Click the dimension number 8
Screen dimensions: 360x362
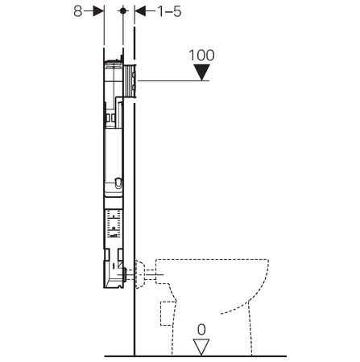pyautogui.click(x=78, y=11)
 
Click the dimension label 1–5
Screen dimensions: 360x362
pyautogui.click(x=169, y=11)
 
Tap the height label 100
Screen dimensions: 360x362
pyautogui.click(x=201, y=56)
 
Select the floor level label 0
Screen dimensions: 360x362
pyautogui.click(x=201, y=330)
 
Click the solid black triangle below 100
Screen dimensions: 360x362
pyautogui.click(x=201, y=72)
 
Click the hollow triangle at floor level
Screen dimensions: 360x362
pyautogui.click(x=201, y=347)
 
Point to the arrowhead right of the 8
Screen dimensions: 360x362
pyautogui.click(x=98, y=11)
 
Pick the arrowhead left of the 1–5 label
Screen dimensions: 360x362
pyautogui.click(x=140, y=11)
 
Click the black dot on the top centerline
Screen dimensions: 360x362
pyautogui.click(x=123, y=10)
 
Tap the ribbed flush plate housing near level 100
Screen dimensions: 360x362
pyautogui.click(x=130, y=80)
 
